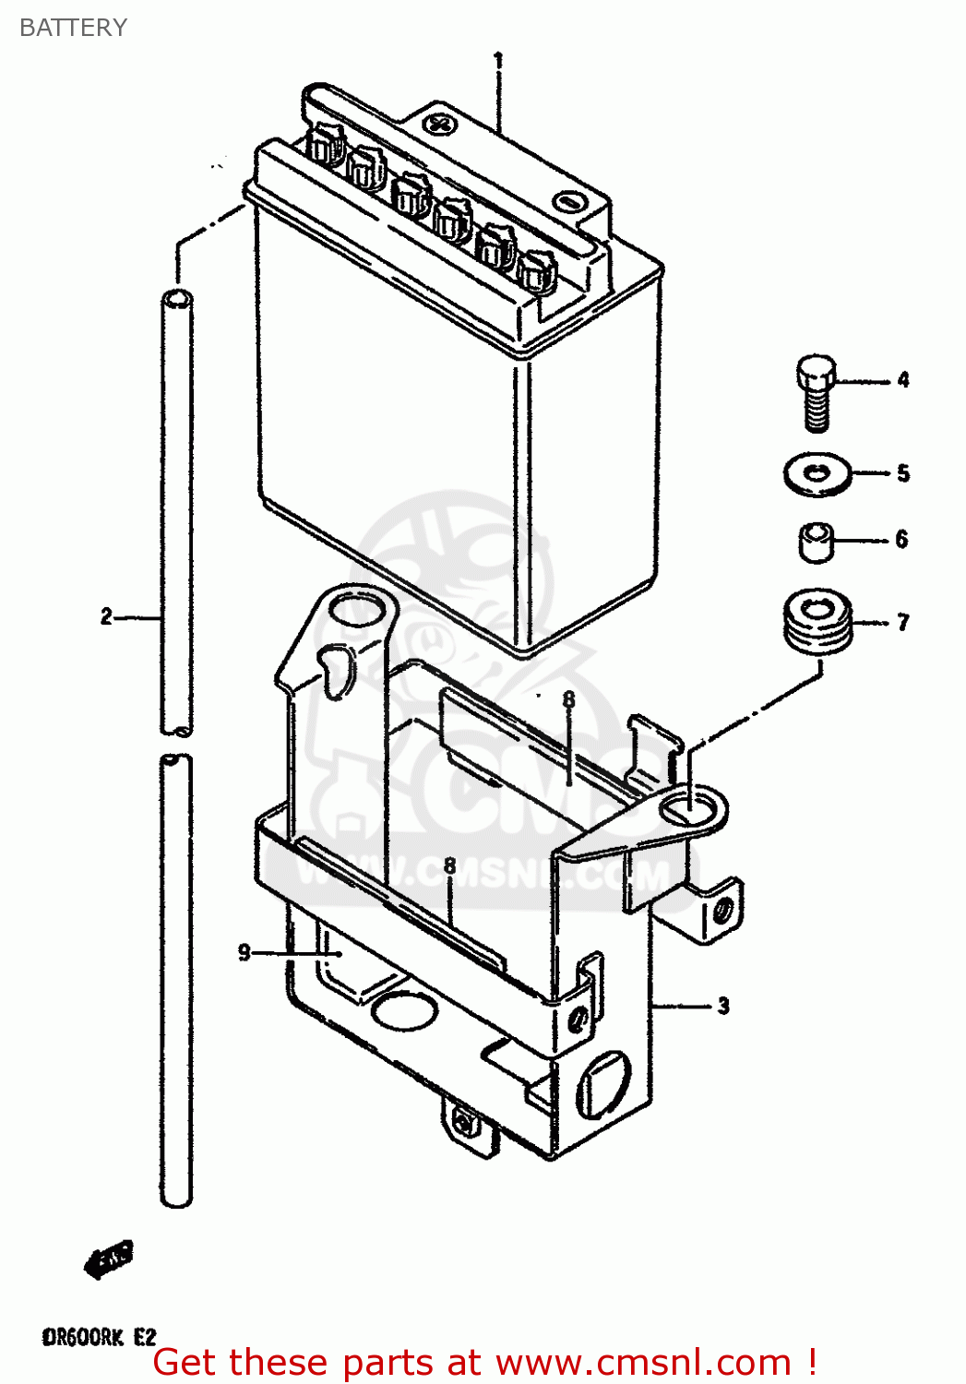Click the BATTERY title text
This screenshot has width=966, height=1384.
tap(73, 28)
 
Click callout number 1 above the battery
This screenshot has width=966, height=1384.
tap(498, 62)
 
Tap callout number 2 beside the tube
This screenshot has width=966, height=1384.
tap(107, 616)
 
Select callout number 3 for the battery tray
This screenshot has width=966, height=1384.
tap(723, 1006)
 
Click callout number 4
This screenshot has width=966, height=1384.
tap(903, 379)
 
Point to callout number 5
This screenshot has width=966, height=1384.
tap(903, 473)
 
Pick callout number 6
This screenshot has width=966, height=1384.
tap(901, 539)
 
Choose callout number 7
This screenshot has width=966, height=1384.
tap(902, 623)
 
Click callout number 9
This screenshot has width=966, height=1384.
tap(244, 952)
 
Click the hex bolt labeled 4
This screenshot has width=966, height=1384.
tap(816, 391)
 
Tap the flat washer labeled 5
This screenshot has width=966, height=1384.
tap(817, 474)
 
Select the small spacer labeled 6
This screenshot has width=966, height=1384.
tap(816, 542)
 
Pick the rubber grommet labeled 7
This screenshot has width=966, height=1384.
tap(817, 622)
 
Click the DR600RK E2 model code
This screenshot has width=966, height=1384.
tap(99, 1337)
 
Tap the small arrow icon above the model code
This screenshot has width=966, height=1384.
tap(109, 1259)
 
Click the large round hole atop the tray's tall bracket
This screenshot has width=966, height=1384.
tap(357, 612)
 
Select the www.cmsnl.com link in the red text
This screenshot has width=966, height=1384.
tap(643, 1363)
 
